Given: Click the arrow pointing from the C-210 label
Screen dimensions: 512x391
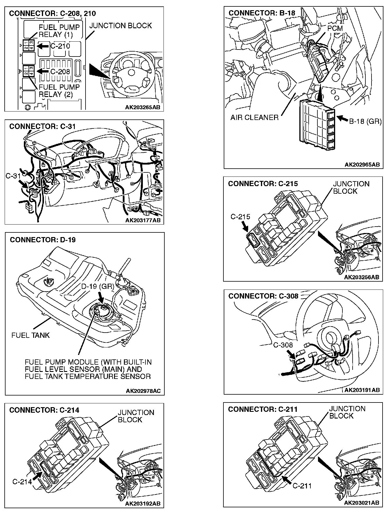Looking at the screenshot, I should click(x=43, y=46).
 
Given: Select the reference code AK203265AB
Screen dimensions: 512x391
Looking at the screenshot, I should click(x=143, y=107).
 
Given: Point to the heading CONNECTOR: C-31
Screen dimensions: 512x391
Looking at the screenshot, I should click(x=42, y=126).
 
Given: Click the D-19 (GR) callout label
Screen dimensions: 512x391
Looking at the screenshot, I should click(x=97, y=287).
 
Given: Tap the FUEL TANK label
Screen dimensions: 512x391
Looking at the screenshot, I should click(x=31, y=335).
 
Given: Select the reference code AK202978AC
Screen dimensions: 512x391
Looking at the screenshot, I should click(x=143, y=391).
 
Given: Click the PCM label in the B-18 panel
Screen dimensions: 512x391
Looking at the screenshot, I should click(x=335, y=28).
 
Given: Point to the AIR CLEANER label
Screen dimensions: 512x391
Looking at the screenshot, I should click(x=254, y=117).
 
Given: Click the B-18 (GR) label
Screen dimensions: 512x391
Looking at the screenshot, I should click(x=365, y=121).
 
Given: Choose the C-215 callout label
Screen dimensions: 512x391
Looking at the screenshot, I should click(x=240, y=217).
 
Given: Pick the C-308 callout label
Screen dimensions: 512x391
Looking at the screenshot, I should click(x=283, y=345).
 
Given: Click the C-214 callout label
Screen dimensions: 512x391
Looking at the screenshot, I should click(x=22, y=482).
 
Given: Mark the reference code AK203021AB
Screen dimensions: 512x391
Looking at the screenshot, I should click(x=362, y=503).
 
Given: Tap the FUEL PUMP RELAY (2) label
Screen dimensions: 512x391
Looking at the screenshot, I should click(x=59, y=91).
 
